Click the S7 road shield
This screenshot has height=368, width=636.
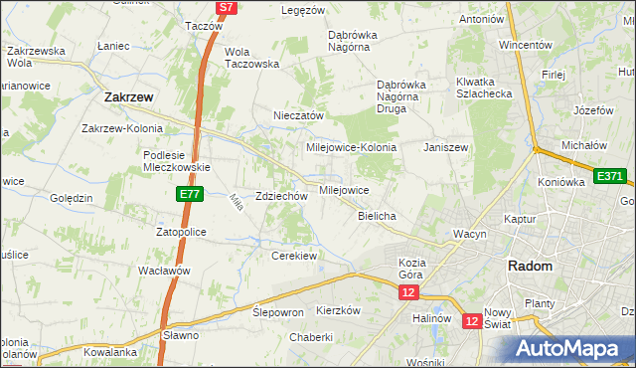227,7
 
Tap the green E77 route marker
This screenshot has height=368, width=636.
192,195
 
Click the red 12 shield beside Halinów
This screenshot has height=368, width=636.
473,321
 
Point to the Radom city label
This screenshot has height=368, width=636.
530,266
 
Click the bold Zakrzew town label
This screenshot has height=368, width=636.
128,97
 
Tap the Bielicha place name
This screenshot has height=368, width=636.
378,216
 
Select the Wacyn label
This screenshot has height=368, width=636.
469,234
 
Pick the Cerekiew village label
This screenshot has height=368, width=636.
294,256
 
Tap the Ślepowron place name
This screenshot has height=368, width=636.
277,311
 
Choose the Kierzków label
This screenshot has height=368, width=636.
337,310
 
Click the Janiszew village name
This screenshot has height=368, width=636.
445,147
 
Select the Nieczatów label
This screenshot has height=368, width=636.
299,115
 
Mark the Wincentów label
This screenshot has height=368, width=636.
526,45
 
